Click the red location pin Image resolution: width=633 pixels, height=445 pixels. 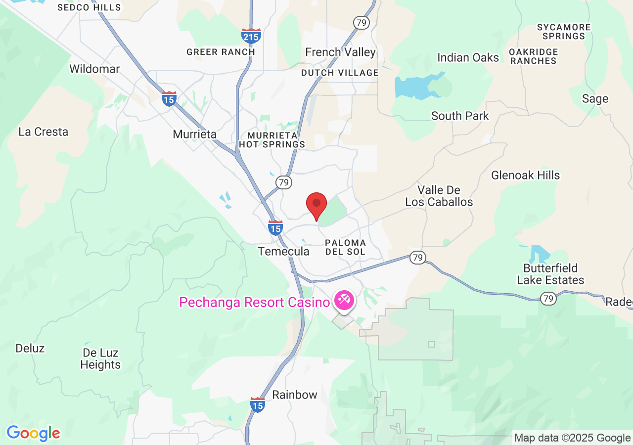(x=316, y=204)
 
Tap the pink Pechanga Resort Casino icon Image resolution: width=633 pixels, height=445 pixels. (x=343, y=300)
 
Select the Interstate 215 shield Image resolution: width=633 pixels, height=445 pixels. (x=251, y=36)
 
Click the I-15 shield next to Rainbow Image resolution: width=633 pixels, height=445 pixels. (x=258, y=404)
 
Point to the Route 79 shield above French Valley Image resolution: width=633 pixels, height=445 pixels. (x=362, y=22)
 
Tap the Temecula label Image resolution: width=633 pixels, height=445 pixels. (x=284, y=251)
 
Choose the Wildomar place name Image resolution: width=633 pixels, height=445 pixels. (x=94, y=69)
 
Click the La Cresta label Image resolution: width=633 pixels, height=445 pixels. (x=43, y=132)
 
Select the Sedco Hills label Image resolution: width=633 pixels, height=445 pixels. (x=89, y=7)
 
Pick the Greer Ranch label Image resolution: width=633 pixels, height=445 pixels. (x=221, y=52)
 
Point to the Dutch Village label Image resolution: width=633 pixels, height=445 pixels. (x=340, y=73)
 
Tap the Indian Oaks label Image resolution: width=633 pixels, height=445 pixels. (x=468, y=57)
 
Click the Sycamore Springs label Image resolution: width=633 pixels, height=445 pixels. (x=564, y=32)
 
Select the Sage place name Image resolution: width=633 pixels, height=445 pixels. (x=595, y=99)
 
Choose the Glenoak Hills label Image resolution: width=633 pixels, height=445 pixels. (x=525, y=175)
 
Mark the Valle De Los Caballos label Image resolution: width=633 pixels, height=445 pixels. (x=439, y=196)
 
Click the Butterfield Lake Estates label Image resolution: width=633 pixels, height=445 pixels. (x=550, y=274)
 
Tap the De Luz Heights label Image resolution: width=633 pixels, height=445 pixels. (x=100, y=359)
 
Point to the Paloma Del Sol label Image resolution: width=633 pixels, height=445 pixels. (x=345, y=247)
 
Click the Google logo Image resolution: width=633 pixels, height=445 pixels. (x=33, y=433)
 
